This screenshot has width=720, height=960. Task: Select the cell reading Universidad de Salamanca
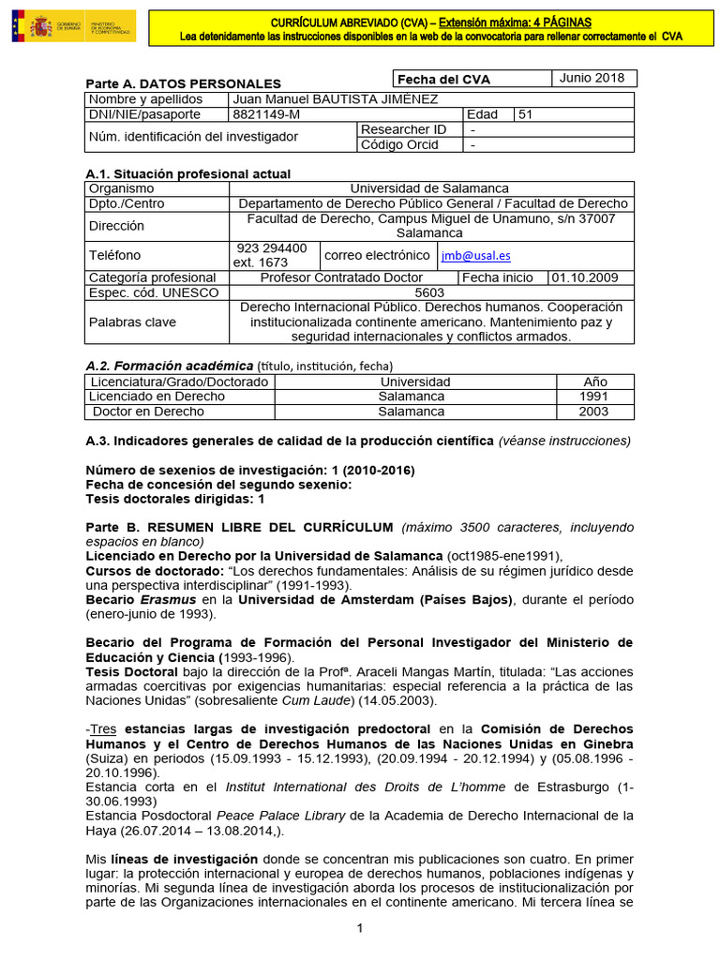430,188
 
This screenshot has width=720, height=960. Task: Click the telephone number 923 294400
272,248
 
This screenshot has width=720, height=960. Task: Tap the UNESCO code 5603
430,292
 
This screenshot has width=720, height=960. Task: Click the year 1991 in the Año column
594,397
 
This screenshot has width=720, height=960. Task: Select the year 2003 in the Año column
594,412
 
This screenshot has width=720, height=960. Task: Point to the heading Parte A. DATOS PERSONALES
183,83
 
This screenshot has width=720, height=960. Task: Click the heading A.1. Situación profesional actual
187,173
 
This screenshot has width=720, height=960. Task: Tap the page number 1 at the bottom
359,929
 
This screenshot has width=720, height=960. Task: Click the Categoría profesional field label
152,277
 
